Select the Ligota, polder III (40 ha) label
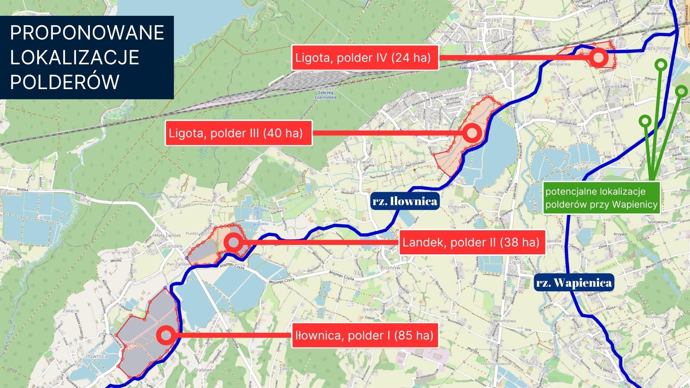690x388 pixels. pos(238,133)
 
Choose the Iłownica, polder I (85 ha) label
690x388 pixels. pos(365,336)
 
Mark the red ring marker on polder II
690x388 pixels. pos(233,242)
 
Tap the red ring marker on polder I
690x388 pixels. pos(166,336)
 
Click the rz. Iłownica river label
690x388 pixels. pos(405,201)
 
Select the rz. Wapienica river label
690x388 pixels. pos(574,283)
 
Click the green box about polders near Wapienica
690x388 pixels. pos(601,198)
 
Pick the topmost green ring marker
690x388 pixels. pos(661,64)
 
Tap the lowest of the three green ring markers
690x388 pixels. pos(645,121)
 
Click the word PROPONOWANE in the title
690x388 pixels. pos(87,33)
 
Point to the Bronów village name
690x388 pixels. pos(390,268)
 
